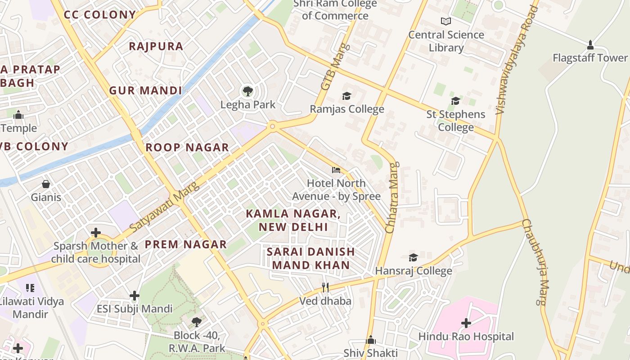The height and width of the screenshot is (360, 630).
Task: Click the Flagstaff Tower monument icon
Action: pos(590,45)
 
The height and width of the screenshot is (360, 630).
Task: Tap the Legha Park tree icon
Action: pos(247,92)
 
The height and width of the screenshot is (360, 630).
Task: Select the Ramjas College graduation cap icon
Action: pos(346,96)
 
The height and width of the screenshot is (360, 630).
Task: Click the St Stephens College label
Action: pos(456,121)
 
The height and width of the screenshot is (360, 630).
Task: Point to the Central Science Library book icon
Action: pos(445,21)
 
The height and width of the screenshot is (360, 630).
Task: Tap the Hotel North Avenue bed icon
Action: pos(336,170)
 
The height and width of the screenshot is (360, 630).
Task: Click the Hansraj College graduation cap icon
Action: pos(413,257)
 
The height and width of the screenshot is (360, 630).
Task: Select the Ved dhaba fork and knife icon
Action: pos(325,287)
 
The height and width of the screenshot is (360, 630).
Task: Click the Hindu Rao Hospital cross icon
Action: pos(466,323)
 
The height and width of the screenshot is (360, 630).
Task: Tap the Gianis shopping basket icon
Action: pos(45,184)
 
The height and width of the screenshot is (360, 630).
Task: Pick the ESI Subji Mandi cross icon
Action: pos(134,296)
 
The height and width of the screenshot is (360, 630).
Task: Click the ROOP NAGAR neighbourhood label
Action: pos(187,147)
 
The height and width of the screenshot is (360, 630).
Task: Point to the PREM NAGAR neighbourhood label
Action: pos(185,244)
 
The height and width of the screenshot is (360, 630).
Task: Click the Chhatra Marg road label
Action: pos(391,198)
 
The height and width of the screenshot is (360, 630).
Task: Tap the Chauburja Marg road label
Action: pos(535,262)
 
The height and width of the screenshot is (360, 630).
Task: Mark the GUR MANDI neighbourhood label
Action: pos(146,90)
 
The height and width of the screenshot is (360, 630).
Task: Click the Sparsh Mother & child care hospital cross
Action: pos(95,233)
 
